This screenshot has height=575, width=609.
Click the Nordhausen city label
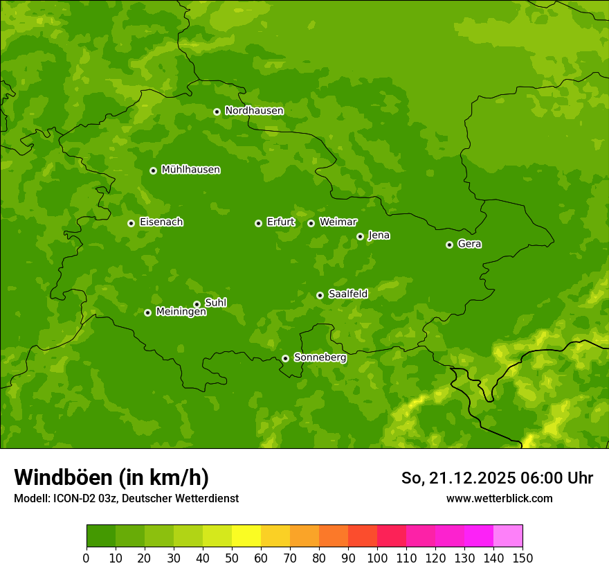click(x=254, y=111)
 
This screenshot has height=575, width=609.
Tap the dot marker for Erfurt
click(x=258, y=223)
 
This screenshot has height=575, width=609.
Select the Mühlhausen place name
click(x=190, y=170)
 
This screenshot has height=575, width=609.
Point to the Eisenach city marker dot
click(x=131, y=223)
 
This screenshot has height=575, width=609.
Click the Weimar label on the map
click(x=338, y=222)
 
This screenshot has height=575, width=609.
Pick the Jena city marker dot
click(x=360, y=236)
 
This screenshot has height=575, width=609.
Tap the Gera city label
click(x=469, y=244)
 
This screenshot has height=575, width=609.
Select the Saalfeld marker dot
click(x=320, y=295)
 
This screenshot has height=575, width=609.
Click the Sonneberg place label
click(x=320, y=357)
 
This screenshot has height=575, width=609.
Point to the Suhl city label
click(x=215, y=303)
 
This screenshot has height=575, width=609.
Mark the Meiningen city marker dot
click(x=147, y=312)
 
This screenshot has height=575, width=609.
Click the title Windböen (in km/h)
click(x=111, y=477)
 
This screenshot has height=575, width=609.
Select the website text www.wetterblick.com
click(x=499, y=498)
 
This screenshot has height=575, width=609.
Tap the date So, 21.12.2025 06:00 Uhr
click(x=497, y=478)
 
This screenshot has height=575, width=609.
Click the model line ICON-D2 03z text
click(x=126, y=498)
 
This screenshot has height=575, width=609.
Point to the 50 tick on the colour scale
click(x=232, y=558)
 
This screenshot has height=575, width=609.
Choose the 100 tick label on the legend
click(x=377, y=558)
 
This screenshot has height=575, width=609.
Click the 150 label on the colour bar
click(x=522, y=558)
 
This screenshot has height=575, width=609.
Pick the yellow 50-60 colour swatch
click(x=246, y=536)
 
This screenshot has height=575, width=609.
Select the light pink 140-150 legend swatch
click(x=508, y=536)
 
